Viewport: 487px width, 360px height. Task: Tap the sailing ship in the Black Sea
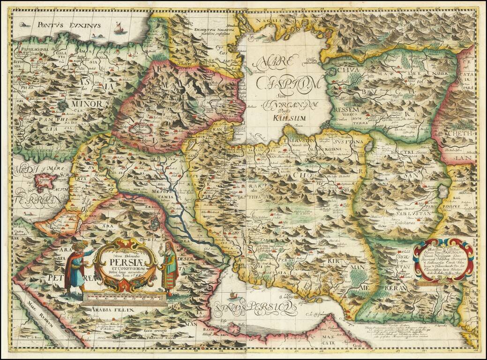tap(120, 29)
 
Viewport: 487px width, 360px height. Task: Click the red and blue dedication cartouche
tap(437, 259)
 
